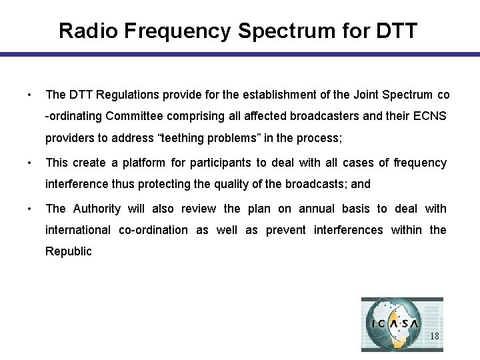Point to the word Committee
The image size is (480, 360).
133,116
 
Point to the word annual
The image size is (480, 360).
317,209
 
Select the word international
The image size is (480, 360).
77,230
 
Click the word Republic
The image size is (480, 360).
68,251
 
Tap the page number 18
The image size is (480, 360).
434,336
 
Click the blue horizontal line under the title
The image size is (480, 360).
240,55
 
